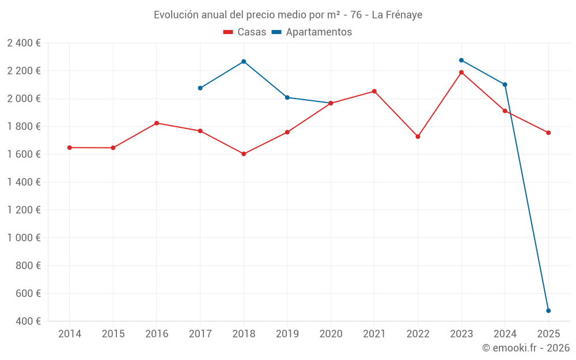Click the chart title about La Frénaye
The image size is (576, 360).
pyautogui.click(x=287, y=15)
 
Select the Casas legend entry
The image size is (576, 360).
pyautogui.click(x=245, y=32)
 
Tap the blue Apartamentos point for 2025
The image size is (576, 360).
pyautogui.click(x=548, y=310)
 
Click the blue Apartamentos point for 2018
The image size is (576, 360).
pyautogui.click(x=244, y=62)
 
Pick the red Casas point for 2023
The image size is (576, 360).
pyautogui.click(x=461, y=73)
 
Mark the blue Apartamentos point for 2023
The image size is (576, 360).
pyautogui.click(x=461, y=60)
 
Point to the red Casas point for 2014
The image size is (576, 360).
pyautogui.click(x=70, y=147)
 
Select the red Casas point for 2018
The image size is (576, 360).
pyautogui.click(x=244, y=154)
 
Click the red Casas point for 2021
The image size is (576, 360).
pyautogui.click(x=374, y=91)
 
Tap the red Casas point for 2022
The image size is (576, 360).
pyautogui.click(x=418, y=137)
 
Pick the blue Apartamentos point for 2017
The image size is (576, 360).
pyautogui.click(x=200, y=88)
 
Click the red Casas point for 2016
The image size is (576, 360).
pyautogui.click(x=157, y=123)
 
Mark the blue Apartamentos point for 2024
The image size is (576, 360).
pyautogui.click(x=505, y=85)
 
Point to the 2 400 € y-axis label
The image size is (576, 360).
pyautogui.click(x=24, y=43)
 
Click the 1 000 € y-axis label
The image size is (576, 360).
pyautogui.click(x=24, y=238)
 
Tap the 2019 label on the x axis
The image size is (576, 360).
pyautogui.click(x=287, y=334)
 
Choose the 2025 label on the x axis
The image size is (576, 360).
pyautogui.click(x=548, y=334)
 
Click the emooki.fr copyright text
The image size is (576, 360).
pyautogui.click(x=525, y=348)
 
